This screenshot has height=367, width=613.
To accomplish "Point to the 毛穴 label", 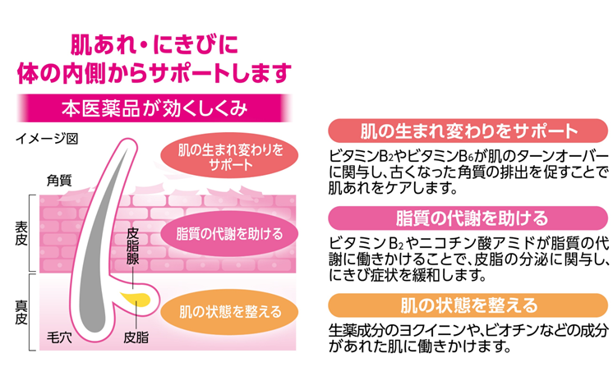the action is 60,337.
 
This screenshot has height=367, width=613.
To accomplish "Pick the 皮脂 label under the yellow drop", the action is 136,337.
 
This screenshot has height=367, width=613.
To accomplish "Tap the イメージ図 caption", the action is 47,139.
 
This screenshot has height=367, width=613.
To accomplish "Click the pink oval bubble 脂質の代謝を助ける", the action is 229,232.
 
